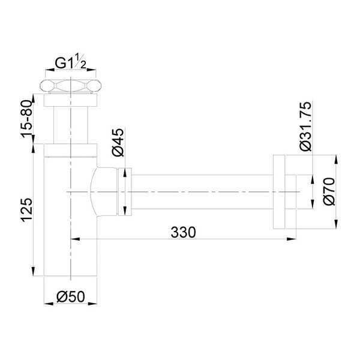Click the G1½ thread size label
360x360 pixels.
(71, 62)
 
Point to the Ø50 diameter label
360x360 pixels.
(71, 296)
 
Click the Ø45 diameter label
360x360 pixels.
(118, 143)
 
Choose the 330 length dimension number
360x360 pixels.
(183, 231)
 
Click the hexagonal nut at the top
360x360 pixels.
(71, 85)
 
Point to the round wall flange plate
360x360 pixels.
(280, 192)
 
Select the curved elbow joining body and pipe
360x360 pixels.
(103, 192)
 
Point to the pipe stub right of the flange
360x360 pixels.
(292, 192)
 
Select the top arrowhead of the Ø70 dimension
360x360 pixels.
(334, 158)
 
